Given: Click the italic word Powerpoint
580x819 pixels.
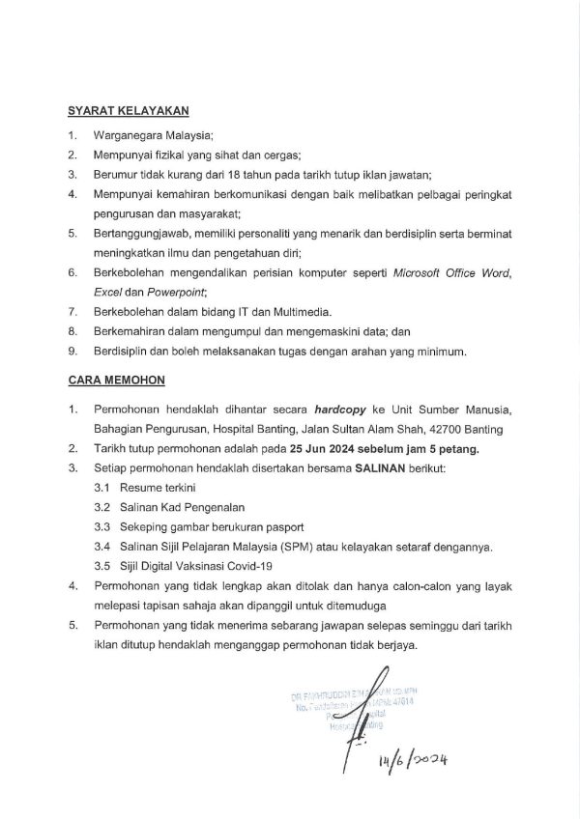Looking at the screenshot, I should [x=178, y=293].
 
